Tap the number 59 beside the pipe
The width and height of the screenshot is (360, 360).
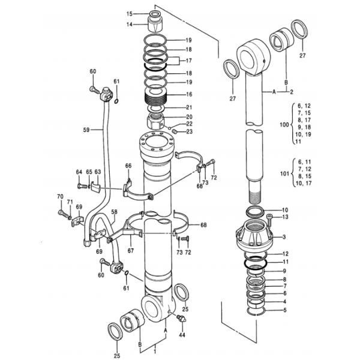[x=86, y=129]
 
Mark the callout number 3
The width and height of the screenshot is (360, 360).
[x=284, y=237]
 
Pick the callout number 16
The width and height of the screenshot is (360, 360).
[x=189, y=95]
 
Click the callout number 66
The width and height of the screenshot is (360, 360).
[x=128, y=165]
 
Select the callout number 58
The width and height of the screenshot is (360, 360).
[x=114, y=212]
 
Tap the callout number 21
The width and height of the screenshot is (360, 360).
[x=189, y=107]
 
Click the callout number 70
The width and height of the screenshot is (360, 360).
[x=60, y=197]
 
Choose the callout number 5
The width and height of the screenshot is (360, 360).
[x=285, y=310]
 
